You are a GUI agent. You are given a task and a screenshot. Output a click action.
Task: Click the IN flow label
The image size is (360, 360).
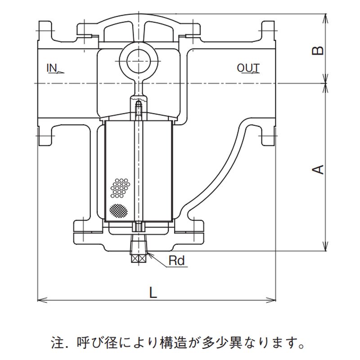click(x=52, y=68)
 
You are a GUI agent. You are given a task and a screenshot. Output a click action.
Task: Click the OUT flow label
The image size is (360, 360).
click(x=248, y=68)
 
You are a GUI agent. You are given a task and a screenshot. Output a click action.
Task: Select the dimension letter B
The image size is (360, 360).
click(x=318, y=49)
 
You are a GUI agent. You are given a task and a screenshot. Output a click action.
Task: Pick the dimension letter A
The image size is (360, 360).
click(x=318, y=169)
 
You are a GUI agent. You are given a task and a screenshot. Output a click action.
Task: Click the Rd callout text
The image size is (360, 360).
click(x=177, y=260)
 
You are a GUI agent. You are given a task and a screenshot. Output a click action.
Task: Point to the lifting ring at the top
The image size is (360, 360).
click(x=139, y=59)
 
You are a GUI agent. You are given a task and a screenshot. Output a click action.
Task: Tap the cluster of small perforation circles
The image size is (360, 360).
click(x=120, y=187)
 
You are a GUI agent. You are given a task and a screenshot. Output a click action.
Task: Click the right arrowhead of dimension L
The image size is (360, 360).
click(x=273, y=298)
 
